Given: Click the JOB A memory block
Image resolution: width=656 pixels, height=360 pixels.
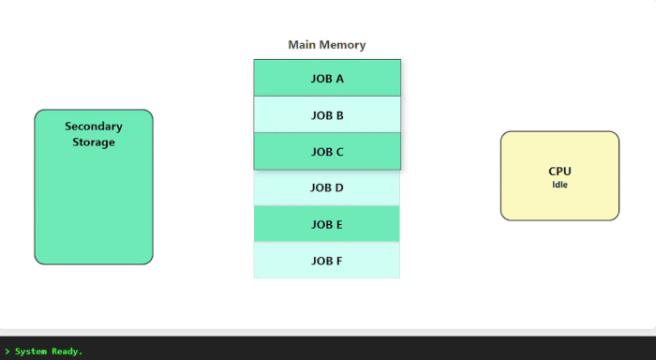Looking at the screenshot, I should coord(327,79).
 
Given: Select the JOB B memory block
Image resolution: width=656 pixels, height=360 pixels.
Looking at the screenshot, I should coord(327,115).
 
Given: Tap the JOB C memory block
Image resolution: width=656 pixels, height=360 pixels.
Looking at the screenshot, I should coord(327,152).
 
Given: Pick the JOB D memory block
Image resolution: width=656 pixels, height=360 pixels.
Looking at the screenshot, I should coord(327,187).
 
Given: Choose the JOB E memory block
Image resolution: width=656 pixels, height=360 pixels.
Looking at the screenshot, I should coord(327,224).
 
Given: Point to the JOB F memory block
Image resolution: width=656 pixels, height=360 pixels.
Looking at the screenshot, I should coord(327,260).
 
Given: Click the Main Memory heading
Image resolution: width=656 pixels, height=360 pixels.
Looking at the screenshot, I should coord(327,45).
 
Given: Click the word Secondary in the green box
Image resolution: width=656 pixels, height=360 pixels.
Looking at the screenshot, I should coord(94,126).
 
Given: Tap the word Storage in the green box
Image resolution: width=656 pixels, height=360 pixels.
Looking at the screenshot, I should coord(94,142).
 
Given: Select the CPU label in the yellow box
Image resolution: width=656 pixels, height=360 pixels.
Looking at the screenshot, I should coord(559,172).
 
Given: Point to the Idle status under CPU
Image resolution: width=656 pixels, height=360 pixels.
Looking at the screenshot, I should coord(559,185).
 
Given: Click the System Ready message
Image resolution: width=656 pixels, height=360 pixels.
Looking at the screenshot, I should coord(49,352).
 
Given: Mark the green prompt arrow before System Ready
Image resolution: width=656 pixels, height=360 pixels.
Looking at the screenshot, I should coord(7,352).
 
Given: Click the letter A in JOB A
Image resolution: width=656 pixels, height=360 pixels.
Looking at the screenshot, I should coord(339,79).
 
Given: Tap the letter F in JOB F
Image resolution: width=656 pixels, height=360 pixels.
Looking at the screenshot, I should coord(340,260).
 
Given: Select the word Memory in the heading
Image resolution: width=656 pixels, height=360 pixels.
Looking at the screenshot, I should coord(344,45).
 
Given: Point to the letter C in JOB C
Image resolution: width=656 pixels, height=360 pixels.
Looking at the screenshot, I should coord(339,152).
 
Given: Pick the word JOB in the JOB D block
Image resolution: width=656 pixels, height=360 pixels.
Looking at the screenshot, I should coord(321,187).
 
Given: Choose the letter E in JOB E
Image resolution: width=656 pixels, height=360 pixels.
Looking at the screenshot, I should coord(339,224).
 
